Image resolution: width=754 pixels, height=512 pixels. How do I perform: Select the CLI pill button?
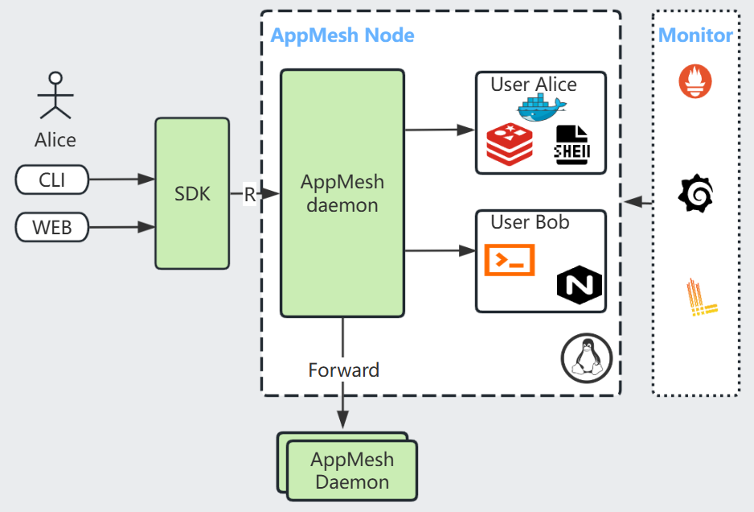52,180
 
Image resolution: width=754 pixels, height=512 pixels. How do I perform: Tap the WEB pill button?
52,228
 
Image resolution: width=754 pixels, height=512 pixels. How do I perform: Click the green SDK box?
192,193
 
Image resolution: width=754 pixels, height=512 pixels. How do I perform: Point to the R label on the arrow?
250,194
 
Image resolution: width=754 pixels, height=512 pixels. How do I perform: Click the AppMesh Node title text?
342,35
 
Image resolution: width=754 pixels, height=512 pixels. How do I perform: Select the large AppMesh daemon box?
342,193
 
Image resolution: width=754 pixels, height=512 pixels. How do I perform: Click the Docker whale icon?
542,107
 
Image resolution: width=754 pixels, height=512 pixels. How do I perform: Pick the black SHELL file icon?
577,146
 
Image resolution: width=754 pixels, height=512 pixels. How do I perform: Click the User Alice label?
534,85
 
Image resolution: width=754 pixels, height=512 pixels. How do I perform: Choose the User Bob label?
530,222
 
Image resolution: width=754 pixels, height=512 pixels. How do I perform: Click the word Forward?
343,370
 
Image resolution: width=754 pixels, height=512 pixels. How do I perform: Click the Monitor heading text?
695,35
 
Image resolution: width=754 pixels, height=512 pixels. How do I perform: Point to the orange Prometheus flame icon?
695,82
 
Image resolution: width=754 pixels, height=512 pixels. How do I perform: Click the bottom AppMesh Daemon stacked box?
352,470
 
